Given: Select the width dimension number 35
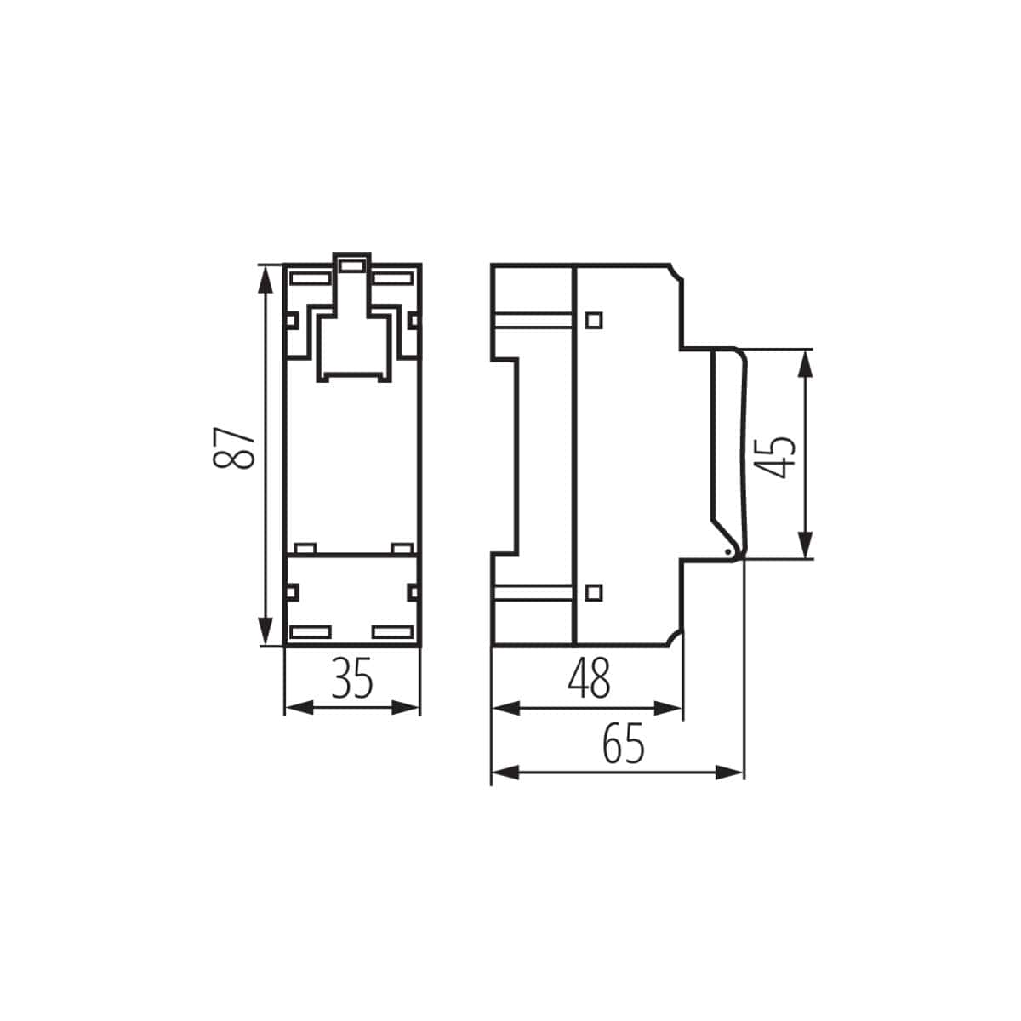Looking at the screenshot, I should tap(352, 679).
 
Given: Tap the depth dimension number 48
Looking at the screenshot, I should tap(589, 679).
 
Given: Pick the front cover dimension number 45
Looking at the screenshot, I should tap(776, 455).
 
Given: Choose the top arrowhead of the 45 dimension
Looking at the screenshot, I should tap(805, 360).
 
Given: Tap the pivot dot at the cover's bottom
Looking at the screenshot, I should tap(727, 553).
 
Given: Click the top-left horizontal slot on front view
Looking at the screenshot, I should tap(311, 277).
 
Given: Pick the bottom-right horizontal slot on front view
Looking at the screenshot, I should tap(393, 632).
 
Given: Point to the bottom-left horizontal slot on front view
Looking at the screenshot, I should tap(311, 632).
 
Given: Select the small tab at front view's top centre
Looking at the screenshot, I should tap(351, 265).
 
